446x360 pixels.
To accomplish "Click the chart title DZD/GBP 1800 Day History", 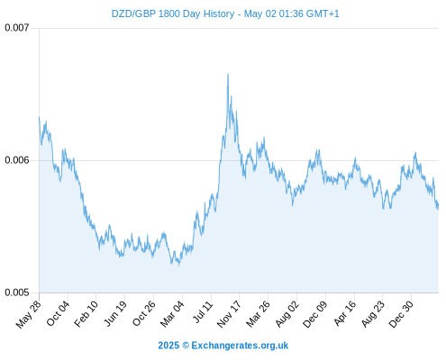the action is coord(173,13).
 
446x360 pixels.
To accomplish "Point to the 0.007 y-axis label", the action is coord(17,28).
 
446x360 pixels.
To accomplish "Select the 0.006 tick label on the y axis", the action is coord(17,160).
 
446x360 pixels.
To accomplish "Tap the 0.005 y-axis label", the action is coord(17,292).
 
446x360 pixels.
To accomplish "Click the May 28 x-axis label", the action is coord(29,314).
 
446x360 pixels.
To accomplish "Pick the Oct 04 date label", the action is coord(58,313).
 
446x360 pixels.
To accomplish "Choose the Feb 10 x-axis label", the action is coord(86,314).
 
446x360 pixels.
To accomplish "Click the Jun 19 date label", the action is coord(115,313).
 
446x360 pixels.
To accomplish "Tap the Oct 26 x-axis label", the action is coord(144,313).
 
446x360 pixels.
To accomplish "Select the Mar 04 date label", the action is coord(172,314).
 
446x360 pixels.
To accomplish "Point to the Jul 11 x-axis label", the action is coord(204,312).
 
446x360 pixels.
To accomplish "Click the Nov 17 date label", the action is coord(229,314).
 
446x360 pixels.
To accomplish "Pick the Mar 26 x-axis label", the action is coord(258,314).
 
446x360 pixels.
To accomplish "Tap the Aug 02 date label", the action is coord(287,314).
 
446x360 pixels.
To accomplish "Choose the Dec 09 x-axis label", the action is coord(315,314).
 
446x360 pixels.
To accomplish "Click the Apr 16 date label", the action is coord(345,313).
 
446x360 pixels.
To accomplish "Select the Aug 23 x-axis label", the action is coord(373,314).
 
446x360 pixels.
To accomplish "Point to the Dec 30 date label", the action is coord(401,314).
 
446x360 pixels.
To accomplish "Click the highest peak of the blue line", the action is coord(228,74).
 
